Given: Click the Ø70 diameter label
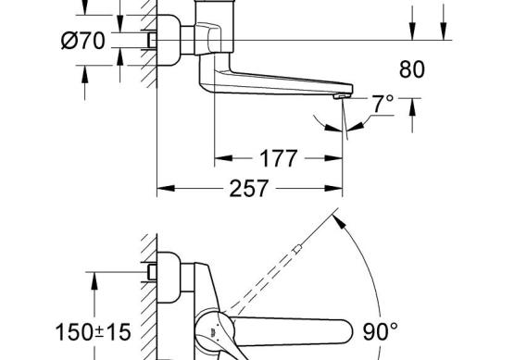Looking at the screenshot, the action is click(x=83, y=41).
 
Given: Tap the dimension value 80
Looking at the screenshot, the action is click(x=412, y=69).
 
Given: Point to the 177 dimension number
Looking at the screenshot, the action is click(x=279, y=158).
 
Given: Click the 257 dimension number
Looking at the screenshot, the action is click(x=249, y=189).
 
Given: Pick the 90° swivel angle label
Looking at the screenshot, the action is click(x=381, y=331).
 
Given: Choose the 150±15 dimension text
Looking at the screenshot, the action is click(x=94, y=332).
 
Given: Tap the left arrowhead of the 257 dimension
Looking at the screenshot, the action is click(x=166, y=189).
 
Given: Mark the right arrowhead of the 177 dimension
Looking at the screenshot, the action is click(x=333, y=158).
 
